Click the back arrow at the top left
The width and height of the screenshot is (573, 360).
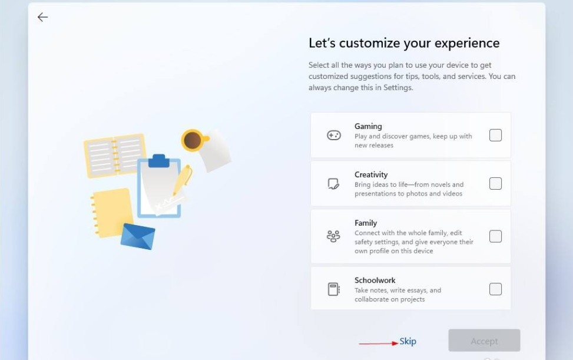(42, 17)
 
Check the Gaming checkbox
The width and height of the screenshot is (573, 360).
(495, 136)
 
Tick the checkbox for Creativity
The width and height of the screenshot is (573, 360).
(495, 183)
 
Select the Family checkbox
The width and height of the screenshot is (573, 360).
(495, 236)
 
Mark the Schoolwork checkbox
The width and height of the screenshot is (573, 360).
(495, 289)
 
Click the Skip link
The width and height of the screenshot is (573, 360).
(408, 341)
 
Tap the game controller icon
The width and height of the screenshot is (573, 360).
(334, 136)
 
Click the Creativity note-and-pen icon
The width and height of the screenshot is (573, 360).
(333, 184)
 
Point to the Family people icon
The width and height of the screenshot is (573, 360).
(333, 236)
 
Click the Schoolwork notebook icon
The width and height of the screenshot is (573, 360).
(333, 289)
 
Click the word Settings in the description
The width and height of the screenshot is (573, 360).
(398, 88)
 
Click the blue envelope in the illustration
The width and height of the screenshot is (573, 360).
(138, 236)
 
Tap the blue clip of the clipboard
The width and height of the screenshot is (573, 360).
(158, 161)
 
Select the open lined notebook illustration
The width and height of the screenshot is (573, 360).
(115, 156)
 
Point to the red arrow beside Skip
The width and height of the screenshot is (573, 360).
(378, 343)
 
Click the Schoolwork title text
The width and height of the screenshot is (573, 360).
(375, 280)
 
